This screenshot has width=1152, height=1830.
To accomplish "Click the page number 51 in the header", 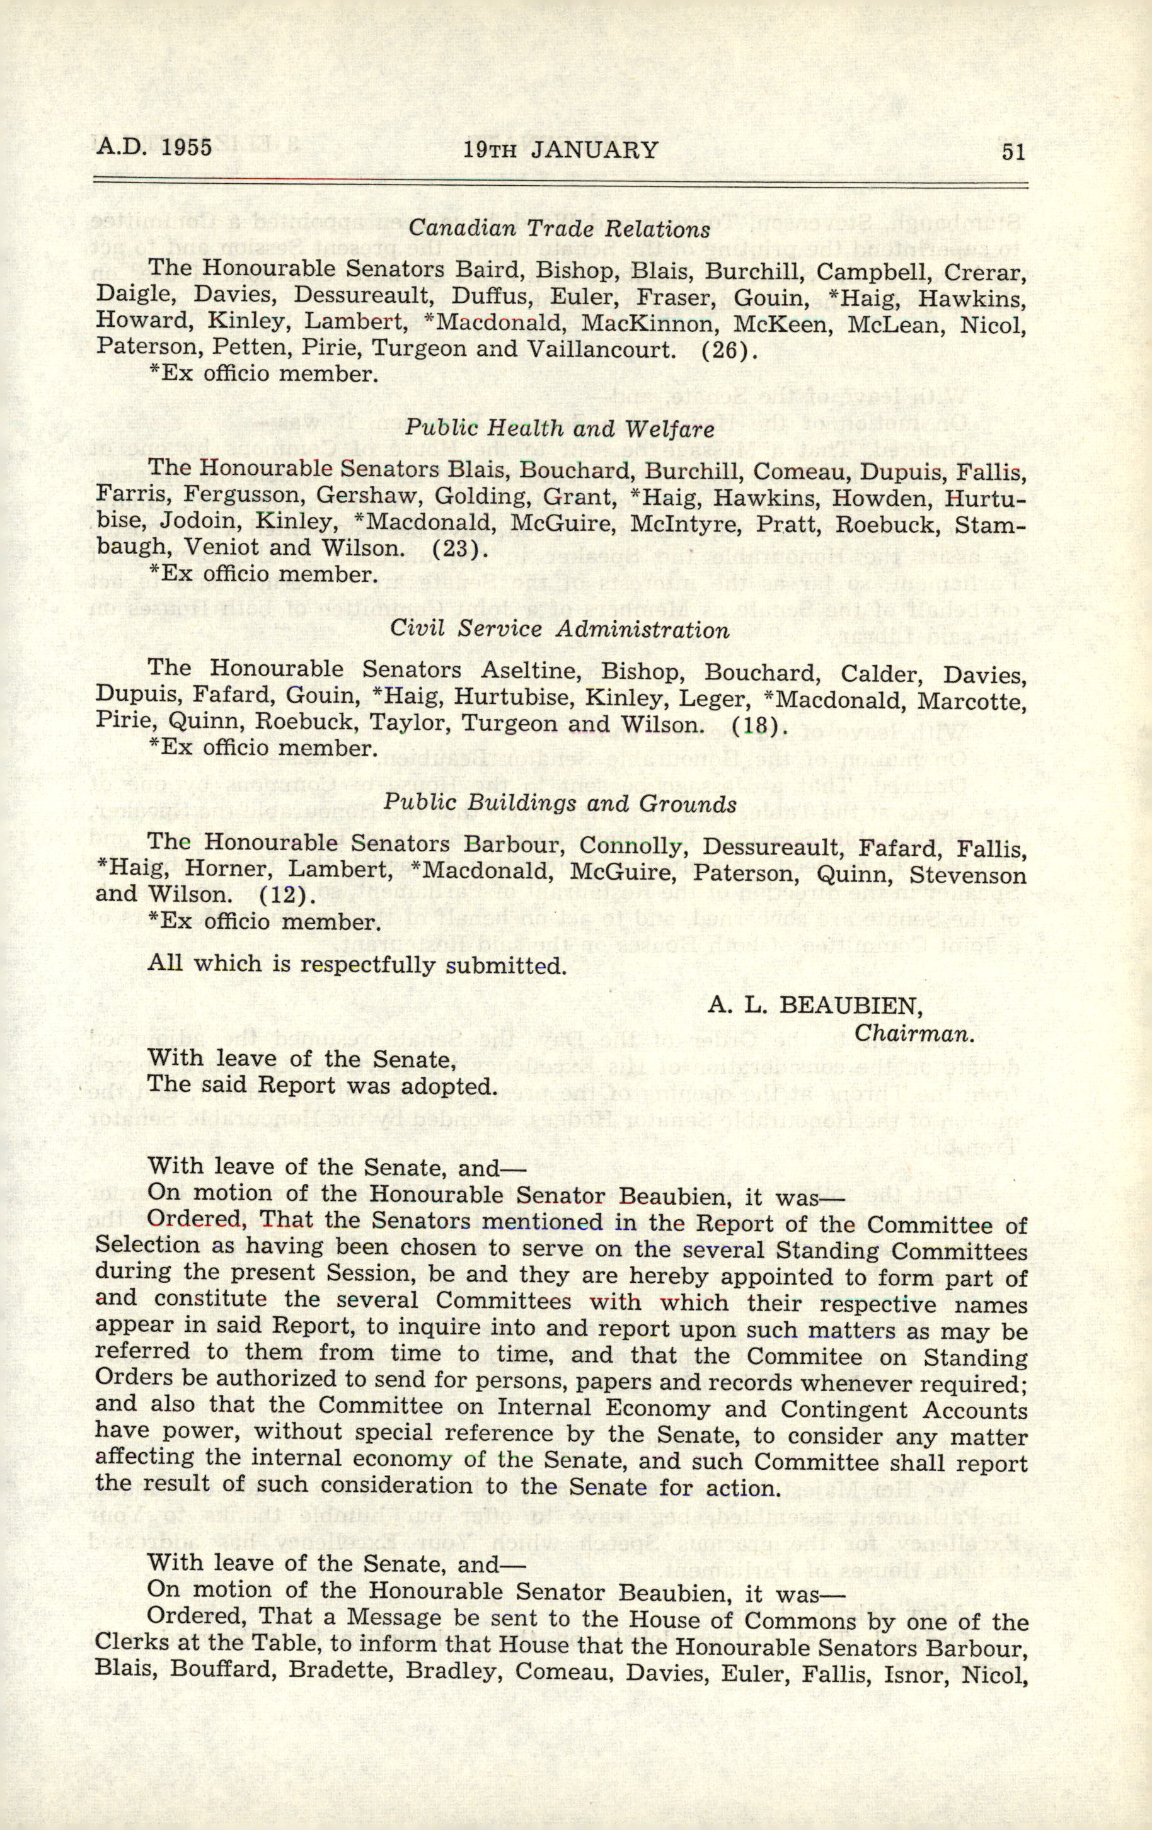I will [x=1013, y=152].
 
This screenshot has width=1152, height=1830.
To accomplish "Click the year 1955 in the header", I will [x=187, y=147].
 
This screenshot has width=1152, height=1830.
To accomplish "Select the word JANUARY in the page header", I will [x=594, y=150].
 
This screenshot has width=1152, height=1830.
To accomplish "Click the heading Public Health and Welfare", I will [x=559, y=429].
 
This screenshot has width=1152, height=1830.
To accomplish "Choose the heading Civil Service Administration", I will [x=560, y=630].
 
